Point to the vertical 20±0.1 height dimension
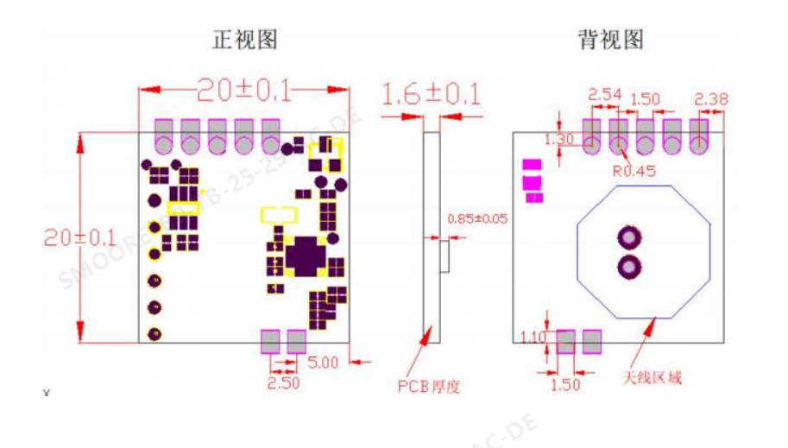67,237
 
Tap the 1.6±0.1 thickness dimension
431,94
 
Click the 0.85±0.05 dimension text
477,218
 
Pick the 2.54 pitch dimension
604,93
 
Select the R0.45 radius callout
634,171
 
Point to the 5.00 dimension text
323,363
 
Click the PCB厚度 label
428,386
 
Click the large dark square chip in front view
304,256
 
